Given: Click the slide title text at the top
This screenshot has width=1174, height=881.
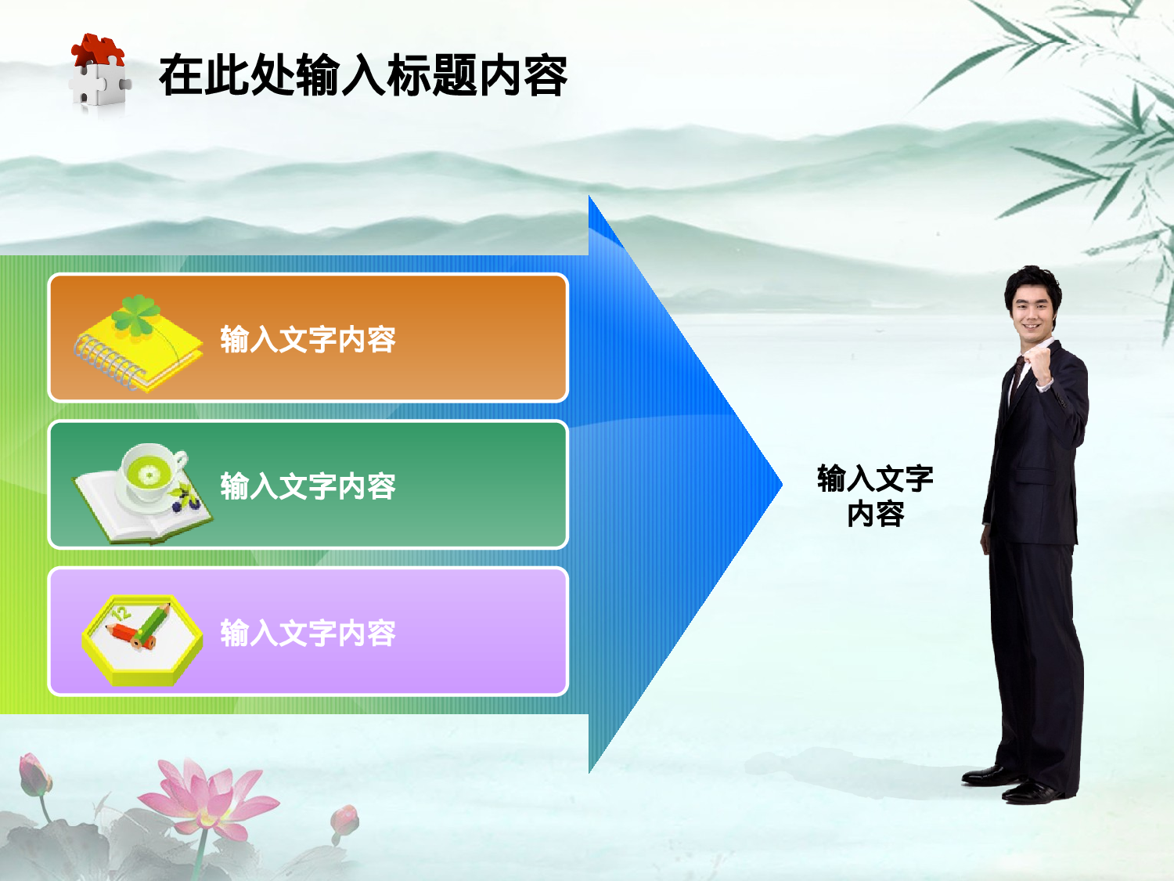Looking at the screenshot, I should pos(362,76).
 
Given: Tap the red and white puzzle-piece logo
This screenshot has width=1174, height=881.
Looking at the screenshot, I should pos(99,72).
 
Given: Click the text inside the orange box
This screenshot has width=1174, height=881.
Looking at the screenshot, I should pos(308,340).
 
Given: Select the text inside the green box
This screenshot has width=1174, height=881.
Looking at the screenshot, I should pos(308,486).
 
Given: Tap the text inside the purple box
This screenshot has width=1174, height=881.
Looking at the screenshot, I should pos(308,633).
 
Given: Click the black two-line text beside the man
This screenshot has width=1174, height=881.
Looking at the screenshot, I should pos(875,496).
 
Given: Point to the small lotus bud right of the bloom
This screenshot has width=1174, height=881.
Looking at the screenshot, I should pos(344,820).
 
